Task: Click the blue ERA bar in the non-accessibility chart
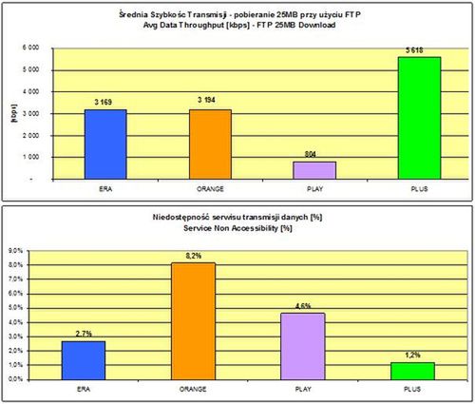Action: click(x=83, y=359)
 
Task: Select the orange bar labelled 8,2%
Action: click(x=193, y=320)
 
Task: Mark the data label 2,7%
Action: click(x=83, y=334)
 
